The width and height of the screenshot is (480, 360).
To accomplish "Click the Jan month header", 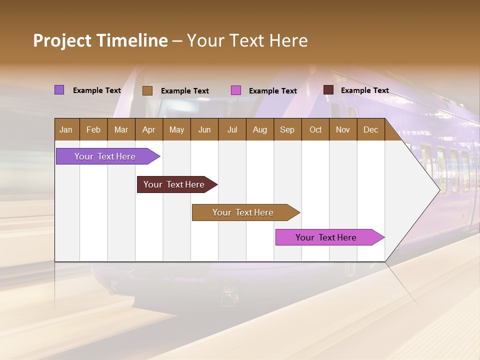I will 66,129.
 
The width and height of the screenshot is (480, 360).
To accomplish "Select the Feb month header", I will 93,129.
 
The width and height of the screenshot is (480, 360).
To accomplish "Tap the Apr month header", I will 149,129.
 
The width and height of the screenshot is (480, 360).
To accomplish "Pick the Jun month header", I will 204,129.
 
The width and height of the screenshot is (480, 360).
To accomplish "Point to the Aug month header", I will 260,129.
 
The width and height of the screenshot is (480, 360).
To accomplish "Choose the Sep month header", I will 287,129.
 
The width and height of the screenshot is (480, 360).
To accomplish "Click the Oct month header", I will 315,129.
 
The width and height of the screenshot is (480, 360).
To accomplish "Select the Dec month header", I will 371,129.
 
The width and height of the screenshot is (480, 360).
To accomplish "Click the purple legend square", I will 59,90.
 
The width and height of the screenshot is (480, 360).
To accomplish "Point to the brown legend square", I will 147,90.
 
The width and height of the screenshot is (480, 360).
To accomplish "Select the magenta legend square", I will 236,90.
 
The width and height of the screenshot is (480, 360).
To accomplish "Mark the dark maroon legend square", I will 328,90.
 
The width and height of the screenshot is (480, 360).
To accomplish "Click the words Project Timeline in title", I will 100,40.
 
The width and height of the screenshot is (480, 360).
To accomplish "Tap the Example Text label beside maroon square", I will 365,90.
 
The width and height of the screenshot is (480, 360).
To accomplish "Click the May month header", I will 176,129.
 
